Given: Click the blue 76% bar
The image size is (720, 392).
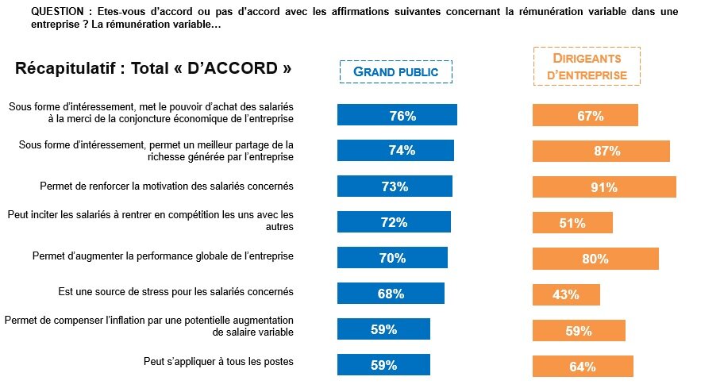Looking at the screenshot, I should [397, 115].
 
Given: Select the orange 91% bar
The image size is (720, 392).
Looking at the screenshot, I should [603, 187].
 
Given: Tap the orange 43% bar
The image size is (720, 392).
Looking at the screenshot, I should [565, 294].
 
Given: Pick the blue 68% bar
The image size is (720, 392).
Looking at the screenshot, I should [391, 294].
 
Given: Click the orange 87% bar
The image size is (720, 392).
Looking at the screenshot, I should [600, 152].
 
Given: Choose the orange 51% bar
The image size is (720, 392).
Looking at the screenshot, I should [572, 223].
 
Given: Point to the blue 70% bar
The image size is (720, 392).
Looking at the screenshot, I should [392, 258].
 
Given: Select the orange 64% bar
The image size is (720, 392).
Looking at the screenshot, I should [582, 366].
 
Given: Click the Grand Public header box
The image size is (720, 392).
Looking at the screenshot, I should [395, 71].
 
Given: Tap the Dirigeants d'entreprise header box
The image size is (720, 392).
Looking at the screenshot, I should [586, 67].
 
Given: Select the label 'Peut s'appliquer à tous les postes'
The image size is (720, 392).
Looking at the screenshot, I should [218, 362].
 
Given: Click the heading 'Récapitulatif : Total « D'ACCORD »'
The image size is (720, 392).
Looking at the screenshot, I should [153, 68].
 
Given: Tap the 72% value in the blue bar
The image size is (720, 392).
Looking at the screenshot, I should [394, 223].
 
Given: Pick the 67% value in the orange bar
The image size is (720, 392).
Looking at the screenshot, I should [590, 116].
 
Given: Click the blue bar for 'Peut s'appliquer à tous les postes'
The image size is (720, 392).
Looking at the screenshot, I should [383, 365].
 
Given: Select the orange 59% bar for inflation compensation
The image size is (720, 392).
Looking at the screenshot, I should [578, 330].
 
